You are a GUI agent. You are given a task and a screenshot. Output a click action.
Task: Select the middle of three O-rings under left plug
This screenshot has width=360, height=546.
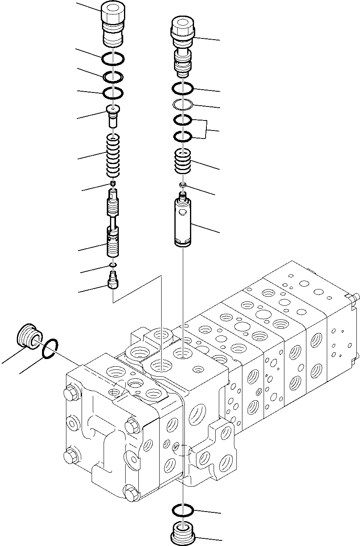[x=113, y=76]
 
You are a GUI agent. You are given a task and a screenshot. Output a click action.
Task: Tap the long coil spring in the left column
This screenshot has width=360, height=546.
[x=114, y=156]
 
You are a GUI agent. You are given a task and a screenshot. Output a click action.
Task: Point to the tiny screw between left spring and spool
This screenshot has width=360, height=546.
[x=114, y=184]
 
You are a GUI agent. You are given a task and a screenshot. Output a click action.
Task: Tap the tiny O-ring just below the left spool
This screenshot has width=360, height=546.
[x=113, y=265]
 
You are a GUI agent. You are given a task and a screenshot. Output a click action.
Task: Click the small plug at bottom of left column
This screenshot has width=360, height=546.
[x=113, y=280]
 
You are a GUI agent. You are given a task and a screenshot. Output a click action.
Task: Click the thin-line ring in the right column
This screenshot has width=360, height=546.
[x=183, y=104]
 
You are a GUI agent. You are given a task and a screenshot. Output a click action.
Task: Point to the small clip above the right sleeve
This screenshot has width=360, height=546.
[x=183, y=184]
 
